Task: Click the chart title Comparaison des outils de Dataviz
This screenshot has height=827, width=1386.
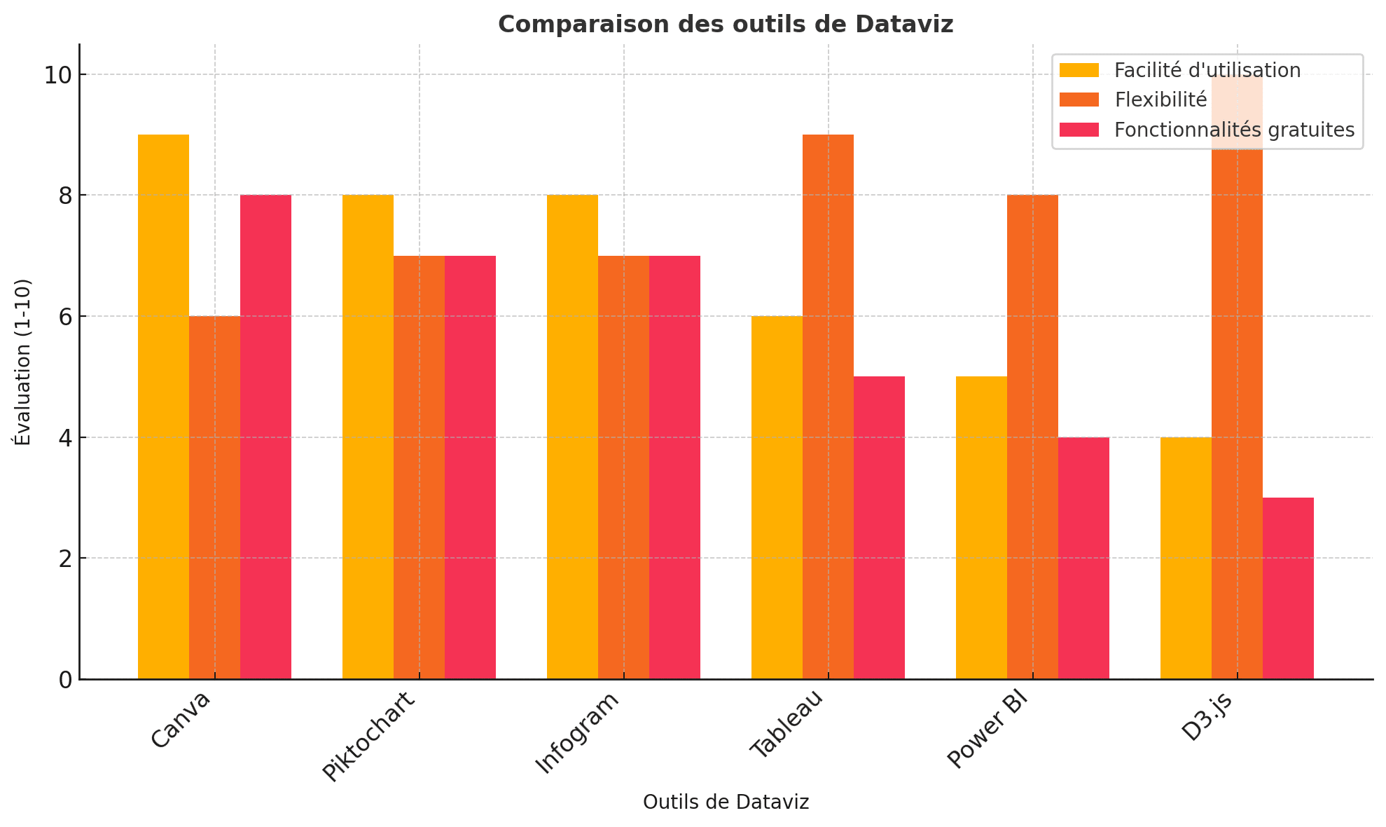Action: pos(726,25)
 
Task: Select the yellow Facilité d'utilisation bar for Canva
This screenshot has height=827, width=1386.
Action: pos(163,406)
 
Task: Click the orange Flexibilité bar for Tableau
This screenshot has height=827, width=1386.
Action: pos(828,406)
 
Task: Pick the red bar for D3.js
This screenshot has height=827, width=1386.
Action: pos(1288,588)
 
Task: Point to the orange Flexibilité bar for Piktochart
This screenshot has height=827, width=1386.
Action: pos(419,467)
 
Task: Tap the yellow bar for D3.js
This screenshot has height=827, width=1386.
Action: pos(1186,558)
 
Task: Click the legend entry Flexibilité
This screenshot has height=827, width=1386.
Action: pos(1160,100)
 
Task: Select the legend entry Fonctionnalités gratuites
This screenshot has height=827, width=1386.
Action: pos(1234,130)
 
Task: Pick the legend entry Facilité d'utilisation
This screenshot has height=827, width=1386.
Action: pos(1207,70)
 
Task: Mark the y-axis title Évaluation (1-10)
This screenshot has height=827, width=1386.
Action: pos(22,362)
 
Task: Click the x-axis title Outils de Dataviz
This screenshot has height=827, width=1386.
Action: pos(726,802)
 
